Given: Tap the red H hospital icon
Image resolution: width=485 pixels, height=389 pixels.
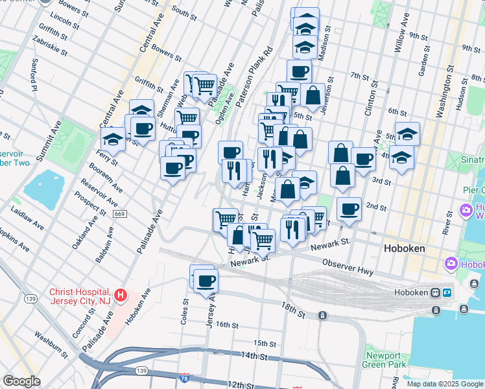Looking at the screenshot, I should (119, 297).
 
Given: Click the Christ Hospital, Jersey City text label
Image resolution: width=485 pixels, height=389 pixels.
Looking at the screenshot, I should (80, 297).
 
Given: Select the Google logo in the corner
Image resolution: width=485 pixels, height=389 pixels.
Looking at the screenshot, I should (21, 381).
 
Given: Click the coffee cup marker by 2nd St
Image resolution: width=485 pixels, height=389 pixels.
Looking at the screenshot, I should (349, 209).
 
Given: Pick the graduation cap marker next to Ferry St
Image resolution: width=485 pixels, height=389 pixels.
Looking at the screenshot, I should (113, 139).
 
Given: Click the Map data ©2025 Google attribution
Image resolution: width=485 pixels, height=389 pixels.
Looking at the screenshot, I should (445, 384).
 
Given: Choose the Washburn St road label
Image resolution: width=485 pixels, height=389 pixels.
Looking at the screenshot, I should (52, 344).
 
